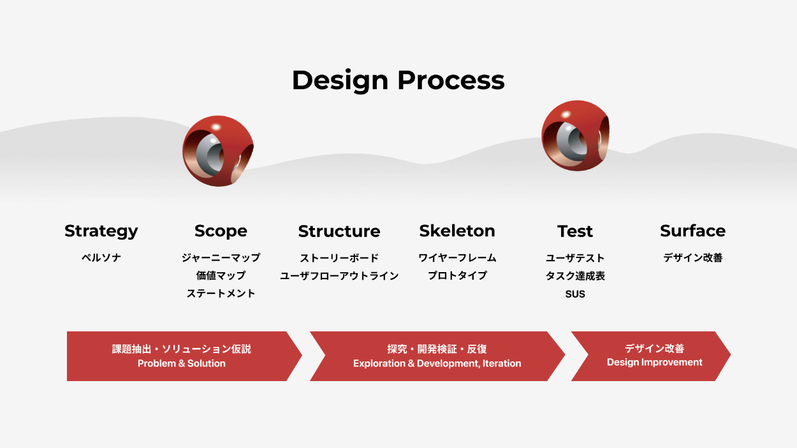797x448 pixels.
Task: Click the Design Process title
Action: coord(398,81)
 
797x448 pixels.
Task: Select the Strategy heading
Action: coord(101,231)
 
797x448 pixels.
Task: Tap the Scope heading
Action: coord(221,231)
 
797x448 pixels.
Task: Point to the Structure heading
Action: coord(339,231)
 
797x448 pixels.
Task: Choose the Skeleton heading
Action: coord(457,231)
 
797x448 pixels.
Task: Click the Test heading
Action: coord(575,231)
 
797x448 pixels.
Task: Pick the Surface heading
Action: coord(692,231)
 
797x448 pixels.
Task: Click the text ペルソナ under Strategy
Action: coord(101,257)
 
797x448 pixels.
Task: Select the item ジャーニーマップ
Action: coord(221,257)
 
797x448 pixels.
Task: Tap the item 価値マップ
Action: coord(221,275)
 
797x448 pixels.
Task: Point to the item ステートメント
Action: coord(221,293)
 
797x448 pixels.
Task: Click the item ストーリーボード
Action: coord(339,258)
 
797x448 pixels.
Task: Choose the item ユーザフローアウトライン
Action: coord(339,275)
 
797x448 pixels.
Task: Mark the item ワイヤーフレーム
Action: coord(457,257)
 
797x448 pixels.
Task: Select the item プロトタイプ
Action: coord(457,275)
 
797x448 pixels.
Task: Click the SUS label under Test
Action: coord(575,294)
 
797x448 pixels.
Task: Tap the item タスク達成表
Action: coord(575,275)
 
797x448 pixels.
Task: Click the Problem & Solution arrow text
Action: coord(182,363)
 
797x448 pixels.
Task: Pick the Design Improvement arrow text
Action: coord(655,363)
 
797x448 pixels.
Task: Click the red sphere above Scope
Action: coord(218,151)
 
